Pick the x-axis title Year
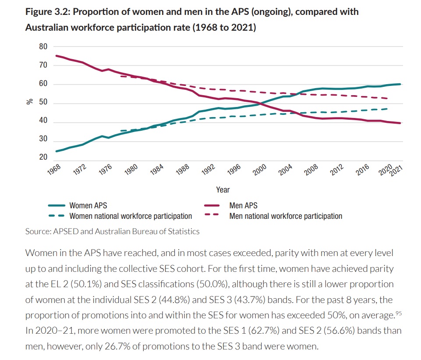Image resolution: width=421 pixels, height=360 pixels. click(223, 190)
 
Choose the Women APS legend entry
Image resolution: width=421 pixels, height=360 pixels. click(88, 205)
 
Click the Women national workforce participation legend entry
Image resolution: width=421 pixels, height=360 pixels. click(131, 216)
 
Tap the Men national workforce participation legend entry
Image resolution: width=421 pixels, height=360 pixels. click(286, 216)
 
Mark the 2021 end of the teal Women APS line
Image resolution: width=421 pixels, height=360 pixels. click(400, 84)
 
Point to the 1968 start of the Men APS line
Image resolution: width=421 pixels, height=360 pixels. click(57, 56)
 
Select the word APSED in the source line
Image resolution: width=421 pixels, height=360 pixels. click(65, 231)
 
